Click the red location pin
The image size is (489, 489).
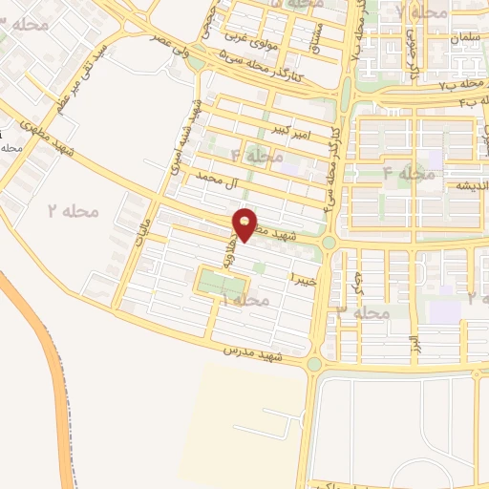pos(246,223)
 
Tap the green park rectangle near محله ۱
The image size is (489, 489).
pos(223,283)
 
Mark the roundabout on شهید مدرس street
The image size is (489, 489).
pos(314,364)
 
